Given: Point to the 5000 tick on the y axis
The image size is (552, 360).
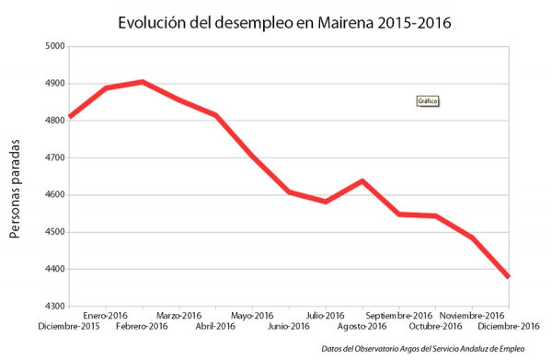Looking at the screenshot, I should pos(55,46).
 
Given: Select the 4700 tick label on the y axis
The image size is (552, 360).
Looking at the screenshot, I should pos(55,157).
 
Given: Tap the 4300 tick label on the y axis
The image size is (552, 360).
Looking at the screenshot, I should pos(55,307).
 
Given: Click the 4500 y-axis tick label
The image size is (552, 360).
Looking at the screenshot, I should pos(55,232).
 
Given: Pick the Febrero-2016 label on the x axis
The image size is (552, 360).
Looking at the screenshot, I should pos(142,327).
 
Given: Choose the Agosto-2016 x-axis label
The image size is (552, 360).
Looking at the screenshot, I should pos(362,327).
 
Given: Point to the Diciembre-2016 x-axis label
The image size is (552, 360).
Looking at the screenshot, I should pos(508,327).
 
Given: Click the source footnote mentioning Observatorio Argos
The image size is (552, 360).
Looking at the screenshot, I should pos(423,349).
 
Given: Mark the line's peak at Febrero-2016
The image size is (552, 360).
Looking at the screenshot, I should pos(142,82).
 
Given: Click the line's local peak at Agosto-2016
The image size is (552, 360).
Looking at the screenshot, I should pos(362,180).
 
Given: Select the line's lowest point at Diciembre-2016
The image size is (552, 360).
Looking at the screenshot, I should pos(508,276).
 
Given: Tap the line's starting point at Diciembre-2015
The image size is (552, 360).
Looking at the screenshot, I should pos(70,117).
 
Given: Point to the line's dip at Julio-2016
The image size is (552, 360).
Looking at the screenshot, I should pos(326,201).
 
